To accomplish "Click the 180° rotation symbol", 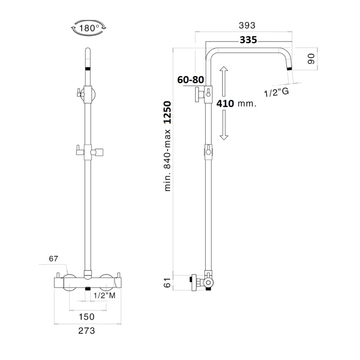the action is pos(89,28).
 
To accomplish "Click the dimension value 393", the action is pos(247,25).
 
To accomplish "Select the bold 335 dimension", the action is pos(248,40).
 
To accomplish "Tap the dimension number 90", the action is pos(311,59).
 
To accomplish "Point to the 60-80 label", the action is pos(190,80).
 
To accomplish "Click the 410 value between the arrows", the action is pos(225,104).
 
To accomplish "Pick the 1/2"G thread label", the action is pos(276,92).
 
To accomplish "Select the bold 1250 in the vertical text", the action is pos(167,112).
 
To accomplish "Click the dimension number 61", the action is pos(168,282).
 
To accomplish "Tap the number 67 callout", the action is pos(54,259).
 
